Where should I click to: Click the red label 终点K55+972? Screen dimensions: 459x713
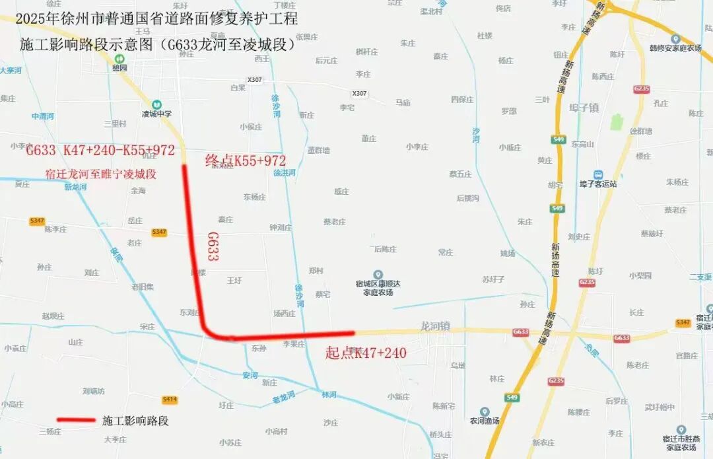coord(246,161)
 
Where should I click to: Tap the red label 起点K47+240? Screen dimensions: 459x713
coord(366,353)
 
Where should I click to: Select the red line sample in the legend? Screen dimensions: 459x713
coord(76,420)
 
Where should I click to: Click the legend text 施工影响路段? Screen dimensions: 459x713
coord(135,421)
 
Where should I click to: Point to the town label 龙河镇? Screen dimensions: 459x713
coord(435,326)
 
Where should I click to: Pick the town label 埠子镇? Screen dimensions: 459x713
coord(584,107)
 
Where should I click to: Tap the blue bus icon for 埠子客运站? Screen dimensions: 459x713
coord(597,174)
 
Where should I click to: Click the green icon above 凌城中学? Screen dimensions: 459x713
coord(156,104)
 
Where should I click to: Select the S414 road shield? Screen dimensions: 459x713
coord(170,400)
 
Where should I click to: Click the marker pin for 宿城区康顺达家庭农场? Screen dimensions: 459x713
coord(378,274)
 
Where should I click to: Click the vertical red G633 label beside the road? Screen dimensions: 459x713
coord(213,246)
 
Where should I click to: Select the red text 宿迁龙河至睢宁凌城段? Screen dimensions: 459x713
coord(100,174)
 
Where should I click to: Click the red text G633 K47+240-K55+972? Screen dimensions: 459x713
coord(100,151)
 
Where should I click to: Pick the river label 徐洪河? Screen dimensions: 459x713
coord(285,173)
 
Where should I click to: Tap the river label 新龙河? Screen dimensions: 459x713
coord(77,187)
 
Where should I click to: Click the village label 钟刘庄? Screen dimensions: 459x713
coord(281,227)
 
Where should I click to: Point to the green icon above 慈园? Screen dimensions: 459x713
coord(119,58)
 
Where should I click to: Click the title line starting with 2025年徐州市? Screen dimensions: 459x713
coord(156,18)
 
